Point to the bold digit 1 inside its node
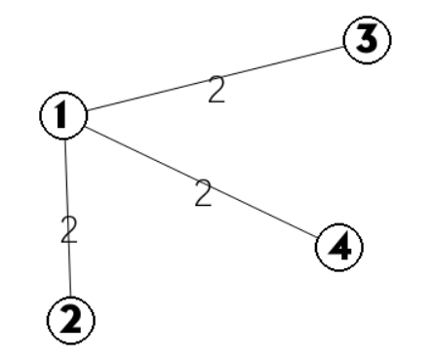[61, 114]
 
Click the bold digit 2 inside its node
[71, 320]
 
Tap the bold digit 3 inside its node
[367, 39]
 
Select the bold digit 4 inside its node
[340, 247]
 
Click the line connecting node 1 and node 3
[216, 78]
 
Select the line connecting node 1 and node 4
[201, 181]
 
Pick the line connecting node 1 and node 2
[67, 218]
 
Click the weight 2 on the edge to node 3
[216, 90]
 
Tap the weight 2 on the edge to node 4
[204, 193]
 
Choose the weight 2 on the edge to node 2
[69, 229]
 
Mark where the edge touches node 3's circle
[344, 47]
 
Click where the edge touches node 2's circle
[70, 297]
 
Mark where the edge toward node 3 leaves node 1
[88, 110]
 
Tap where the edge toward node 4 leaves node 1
[86, 126]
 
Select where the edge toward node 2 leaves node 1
[65, 140]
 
